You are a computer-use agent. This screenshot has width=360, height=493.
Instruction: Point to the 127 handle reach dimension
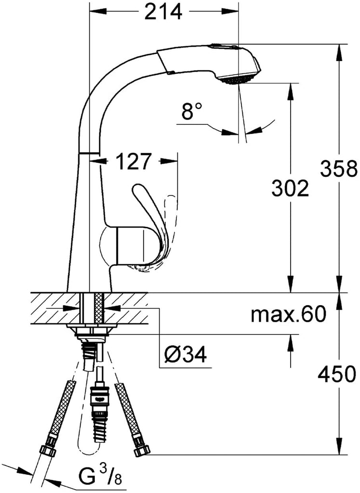point(133,161)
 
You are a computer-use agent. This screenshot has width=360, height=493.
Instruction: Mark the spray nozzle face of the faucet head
point(237,80)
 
